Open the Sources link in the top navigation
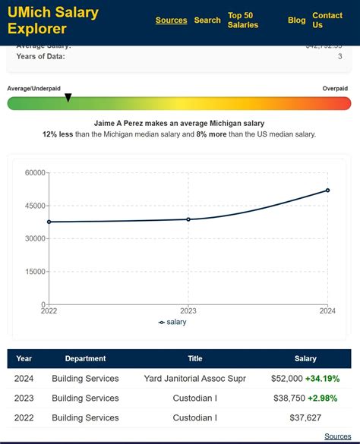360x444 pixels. [x=171, y=20]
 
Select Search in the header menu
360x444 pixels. [x=207, y=20]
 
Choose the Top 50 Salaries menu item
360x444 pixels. [x=243, y=20]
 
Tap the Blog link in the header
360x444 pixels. [x=296, y=20]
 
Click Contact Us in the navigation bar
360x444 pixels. [x=327, y=20]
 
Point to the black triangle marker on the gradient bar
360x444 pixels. [x=68, y=97]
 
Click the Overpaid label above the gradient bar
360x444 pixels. [x=335, y=89]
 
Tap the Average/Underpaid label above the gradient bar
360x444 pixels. [x=34, y=89]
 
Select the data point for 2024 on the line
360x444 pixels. [x=328, y=191]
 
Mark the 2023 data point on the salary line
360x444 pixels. [x=188, y=219]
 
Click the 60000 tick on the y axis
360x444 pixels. [x=35, y=173]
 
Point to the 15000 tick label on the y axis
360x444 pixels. [x=35, y=272]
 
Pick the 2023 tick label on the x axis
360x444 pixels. [x=188, y=310]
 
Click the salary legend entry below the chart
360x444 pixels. [x=172, y=322]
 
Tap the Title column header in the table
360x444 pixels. [x=195, y=358]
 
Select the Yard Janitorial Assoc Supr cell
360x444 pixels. [x=195, y=378]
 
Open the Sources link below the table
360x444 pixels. [x=337, y=436]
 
